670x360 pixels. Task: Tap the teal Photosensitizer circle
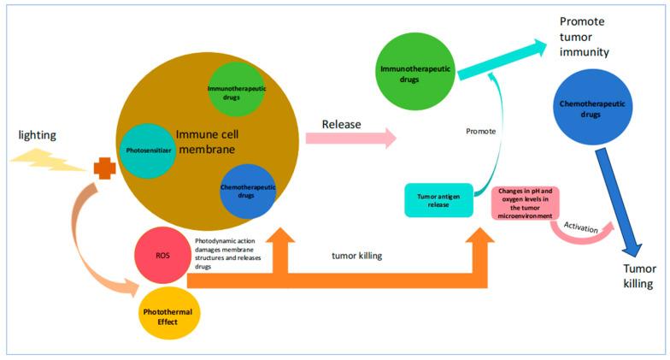tap(147, 151)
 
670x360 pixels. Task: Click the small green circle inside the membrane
tap(234, 91)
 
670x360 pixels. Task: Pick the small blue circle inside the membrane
tap(247, 192)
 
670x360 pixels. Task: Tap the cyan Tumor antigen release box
tap(438, 199)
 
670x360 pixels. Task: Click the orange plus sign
tap(105, 168)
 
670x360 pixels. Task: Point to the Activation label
tap(580, 226)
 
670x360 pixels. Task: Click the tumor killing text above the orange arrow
tap(357, 254)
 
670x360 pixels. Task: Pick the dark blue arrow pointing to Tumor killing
tap(616, 202)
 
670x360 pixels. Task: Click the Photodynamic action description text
tap(238, 253)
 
